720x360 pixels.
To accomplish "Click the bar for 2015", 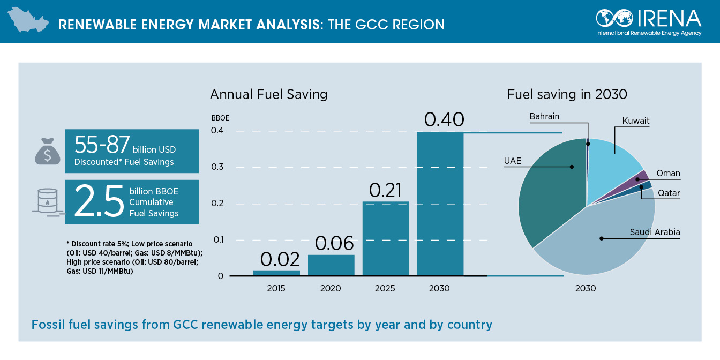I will tap(276, 273).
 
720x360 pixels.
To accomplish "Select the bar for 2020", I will tap(331, 265).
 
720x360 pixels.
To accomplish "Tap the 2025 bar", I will tap(385, 238).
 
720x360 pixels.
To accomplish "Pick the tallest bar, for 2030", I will tap(440, 204).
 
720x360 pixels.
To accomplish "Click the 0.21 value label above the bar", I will tap(385, 190).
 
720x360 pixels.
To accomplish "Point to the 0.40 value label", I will tap(444, 119).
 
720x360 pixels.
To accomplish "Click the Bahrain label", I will tap(544, 116).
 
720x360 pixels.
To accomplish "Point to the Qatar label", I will tap(669, 193).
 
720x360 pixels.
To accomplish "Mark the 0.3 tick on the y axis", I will tap(217, 167).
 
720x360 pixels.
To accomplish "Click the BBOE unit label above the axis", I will tap(220, 118).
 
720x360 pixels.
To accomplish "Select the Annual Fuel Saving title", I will tap(268, 95).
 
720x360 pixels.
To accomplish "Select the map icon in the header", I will tap(27, 22).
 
